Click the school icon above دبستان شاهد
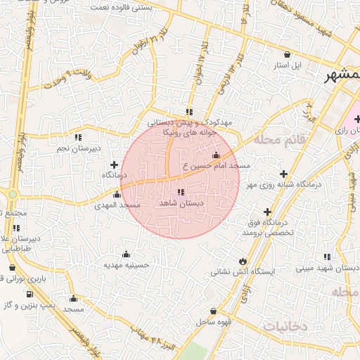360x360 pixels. pos(181,192)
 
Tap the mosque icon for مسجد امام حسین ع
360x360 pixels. pos(215,155)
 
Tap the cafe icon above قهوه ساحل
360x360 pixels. pos(214,311)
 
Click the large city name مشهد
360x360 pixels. pos(341,77)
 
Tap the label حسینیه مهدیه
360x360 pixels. pos(126,265)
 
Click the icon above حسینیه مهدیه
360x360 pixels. pos(126,254)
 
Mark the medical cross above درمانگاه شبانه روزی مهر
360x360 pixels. pos(283,174)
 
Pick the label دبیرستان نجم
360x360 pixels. pos(79,148)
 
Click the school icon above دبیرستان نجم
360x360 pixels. pos(79,137)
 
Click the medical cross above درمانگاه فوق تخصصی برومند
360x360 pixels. pos(267,212)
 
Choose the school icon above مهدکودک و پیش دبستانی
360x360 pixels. pos(189,111)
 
